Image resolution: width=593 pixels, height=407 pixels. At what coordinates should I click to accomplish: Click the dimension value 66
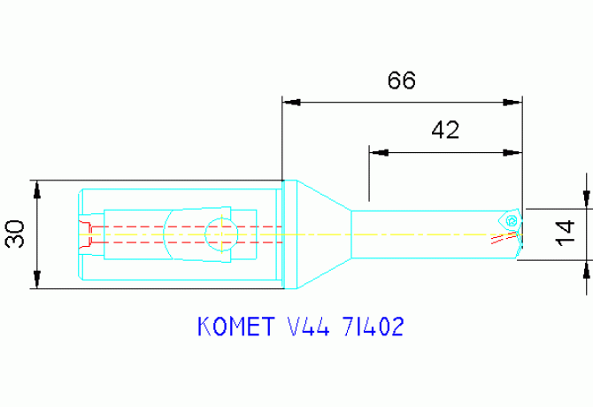pos(401,81)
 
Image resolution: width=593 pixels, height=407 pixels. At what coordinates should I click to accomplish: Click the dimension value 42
pos(445,131)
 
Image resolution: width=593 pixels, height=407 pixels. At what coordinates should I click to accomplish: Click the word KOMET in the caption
pos(232,328)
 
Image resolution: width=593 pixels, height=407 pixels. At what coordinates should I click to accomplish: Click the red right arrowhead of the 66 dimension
pos(511,102)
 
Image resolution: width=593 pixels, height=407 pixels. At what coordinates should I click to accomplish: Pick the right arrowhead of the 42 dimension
pos(511,153)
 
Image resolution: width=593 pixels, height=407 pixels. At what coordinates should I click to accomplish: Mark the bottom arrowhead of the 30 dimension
pos(37,281)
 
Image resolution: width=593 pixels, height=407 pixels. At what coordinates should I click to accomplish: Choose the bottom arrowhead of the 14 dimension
pos(586,268)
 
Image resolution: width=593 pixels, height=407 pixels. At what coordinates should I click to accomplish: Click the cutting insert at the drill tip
pos(511,219)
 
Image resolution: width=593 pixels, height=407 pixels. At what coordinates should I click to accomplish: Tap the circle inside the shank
pos(220,234)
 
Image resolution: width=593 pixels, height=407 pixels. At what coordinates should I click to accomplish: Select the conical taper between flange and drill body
pos(323,234)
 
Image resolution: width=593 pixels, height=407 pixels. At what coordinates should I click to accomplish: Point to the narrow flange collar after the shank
pos(288,234)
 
